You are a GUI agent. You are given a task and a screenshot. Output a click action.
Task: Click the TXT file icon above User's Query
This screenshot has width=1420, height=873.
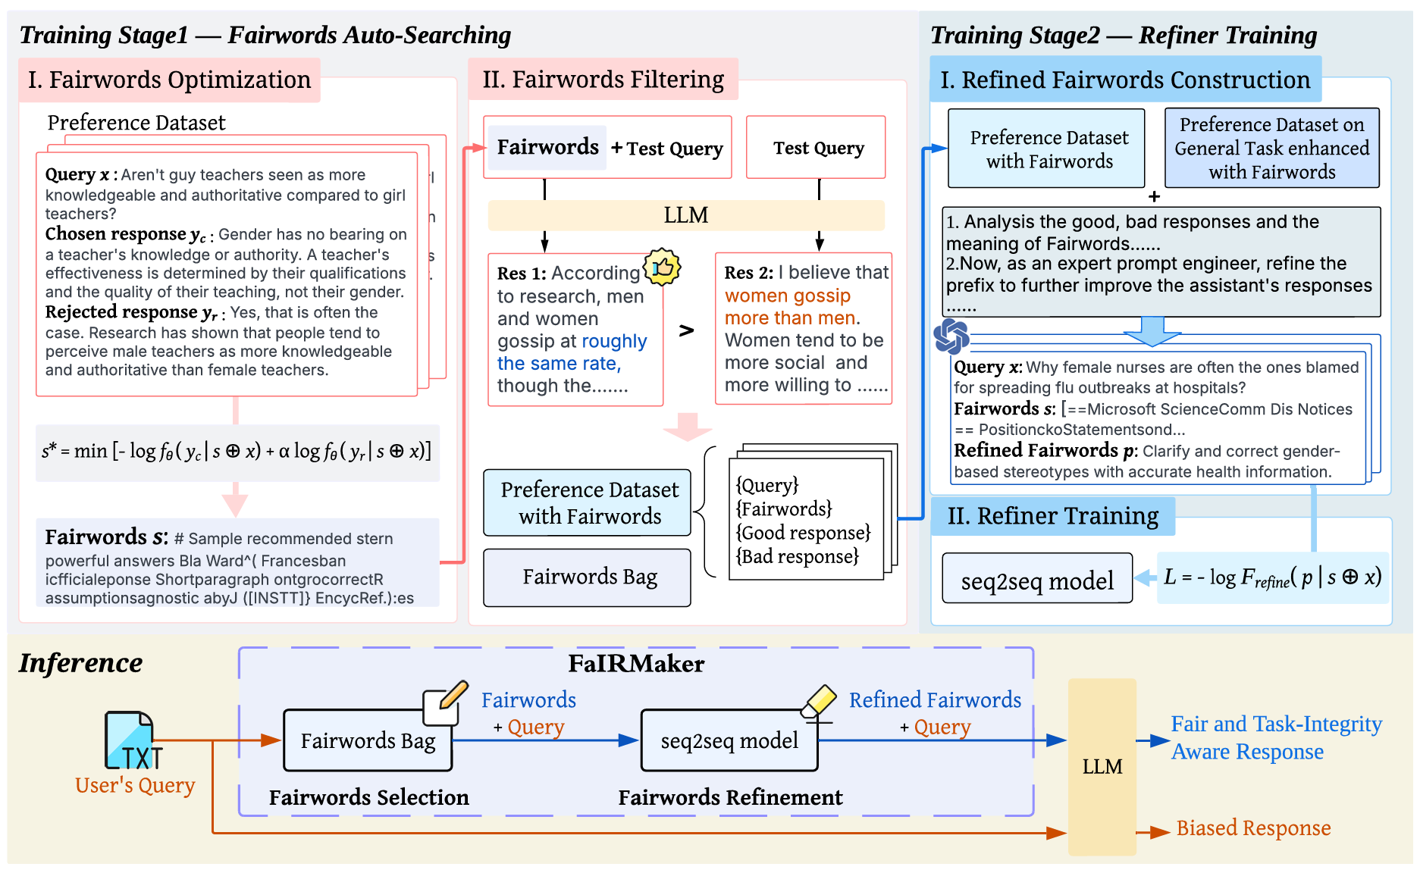pos(130,741)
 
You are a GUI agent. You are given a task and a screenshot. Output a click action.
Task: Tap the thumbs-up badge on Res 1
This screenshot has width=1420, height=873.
pos(662,267)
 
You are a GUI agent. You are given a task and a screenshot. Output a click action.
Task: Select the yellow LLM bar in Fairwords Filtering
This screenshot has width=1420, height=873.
pos(685,215)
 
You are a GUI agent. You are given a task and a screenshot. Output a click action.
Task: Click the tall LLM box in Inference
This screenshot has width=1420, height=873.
pos(1102,767)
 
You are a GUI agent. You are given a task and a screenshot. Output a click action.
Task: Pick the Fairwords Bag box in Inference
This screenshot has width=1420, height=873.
pos(368,740)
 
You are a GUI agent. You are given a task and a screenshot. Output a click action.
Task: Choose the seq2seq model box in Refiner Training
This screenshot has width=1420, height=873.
pos(1036,580)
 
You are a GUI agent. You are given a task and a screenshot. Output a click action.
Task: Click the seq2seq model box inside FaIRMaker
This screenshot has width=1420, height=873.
pos(729,740)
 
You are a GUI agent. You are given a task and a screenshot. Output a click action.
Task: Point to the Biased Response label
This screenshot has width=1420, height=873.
pos(1252,828)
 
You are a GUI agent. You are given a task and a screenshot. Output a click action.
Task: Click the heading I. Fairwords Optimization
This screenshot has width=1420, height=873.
pos(169,80)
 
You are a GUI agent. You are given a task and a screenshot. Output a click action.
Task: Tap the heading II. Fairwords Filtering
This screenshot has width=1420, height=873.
pos(603,80)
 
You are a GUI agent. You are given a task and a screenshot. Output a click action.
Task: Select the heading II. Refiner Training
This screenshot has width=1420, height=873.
pos(1052,516)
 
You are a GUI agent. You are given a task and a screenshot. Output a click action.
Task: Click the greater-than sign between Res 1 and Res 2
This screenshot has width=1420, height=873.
pos(686,330)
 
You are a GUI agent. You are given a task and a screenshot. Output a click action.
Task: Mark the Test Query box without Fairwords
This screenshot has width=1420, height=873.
pos(817,148)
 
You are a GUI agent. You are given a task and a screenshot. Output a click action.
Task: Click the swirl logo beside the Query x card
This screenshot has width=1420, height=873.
pos(951,336)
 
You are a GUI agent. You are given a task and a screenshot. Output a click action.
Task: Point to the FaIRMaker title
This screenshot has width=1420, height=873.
pos(636,664)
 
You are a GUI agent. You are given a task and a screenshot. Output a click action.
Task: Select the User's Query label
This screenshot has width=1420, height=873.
pos(135,786)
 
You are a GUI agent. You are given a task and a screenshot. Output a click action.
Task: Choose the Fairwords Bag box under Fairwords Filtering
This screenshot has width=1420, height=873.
pos(588,577)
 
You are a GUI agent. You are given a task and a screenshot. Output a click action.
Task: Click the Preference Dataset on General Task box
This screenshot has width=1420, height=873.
pos(1271,148)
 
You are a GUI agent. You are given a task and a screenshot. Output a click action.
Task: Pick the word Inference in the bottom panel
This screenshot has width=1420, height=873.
pos(80,663)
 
